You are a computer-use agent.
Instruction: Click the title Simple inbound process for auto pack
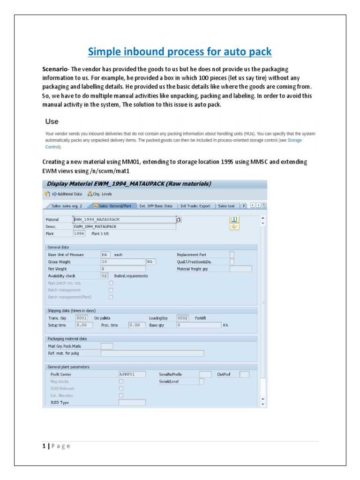(x=180, y=51)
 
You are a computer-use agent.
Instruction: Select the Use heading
(x=52, y=121)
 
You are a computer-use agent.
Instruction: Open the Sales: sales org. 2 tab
(x=67, y=206)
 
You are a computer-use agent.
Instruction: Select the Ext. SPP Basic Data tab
(x=156, y=206)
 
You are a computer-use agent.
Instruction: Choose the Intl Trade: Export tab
(x=195, y=206)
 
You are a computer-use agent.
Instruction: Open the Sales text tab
(x=226, y=206)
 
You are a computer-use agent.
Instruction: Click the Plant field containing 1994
(x=79, y=233)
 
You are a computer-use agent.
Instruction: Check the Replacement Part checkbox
(x=232, y=255)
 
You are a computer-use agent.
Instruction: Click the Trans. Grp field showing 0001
(x=82, y=317)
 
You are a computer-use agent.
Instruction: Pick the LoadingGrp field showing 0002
(x=182, y=317)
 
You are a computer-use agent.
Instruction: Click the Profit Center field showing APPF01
(x=132, y=374)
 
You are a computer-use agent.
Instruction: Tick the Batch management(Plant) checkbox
(x=111, y=297)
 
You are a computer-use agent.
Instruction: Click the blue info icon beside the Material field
(x=234, y=219)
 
